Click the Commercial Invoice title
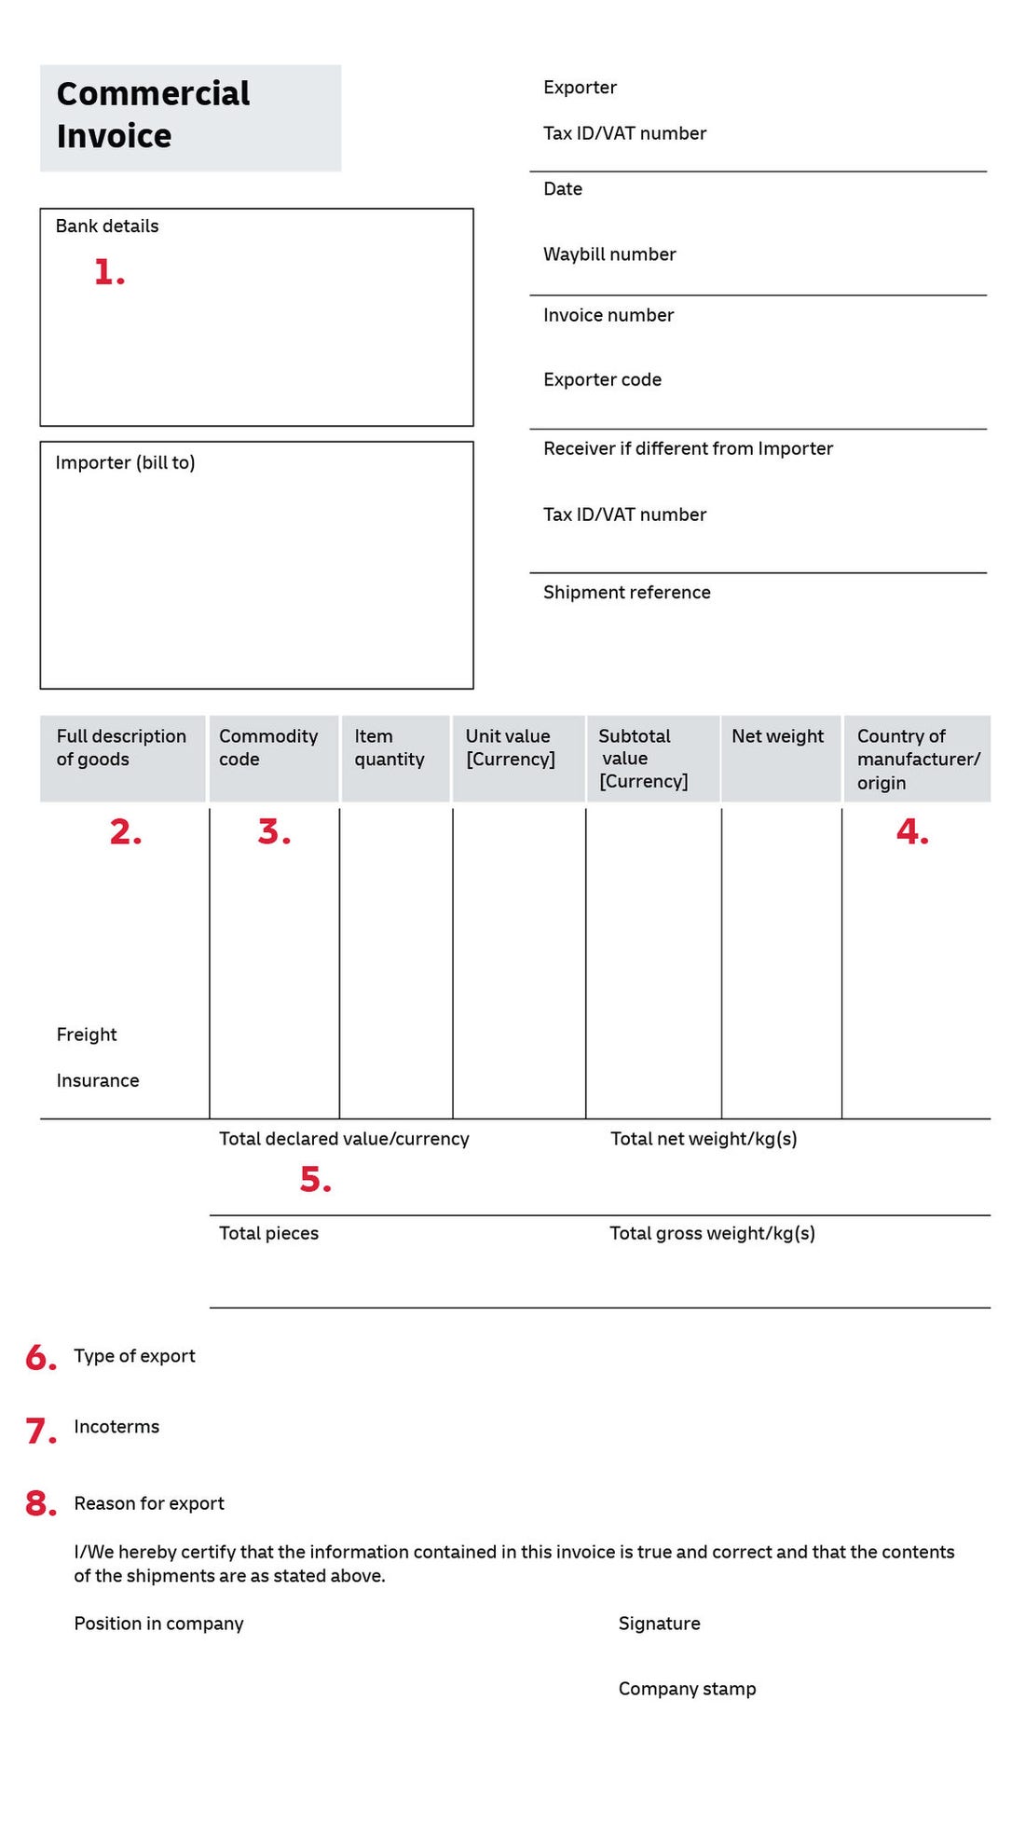click(153, 115)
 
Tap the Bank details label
click(107, 226)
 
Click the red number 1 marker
click(108, 272)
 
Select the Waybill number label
click(609, 254)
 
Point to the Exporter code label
click(602, 380)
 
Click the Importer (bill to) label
click(125, 463)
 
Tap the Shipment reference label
click(626, 593)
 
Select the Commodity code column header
click(268, 747)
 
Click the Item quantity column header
click(389, 747)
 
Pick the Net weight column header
click(777, 736)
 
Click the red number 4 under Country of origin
click(911, 831)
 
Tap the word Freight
click(87, 1035)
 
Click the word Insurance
click(98, 1081)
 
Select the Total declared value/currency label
click(344, 1139)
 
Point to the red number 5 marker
click(315, 1180)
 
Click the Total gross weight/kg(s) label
click(712, 1234)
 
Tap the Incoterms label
click(116, 1427)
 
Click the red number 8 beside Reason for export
click(40, 1503)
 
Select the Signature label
click(659, 1624)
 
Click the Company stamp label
click(687, 1689)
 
